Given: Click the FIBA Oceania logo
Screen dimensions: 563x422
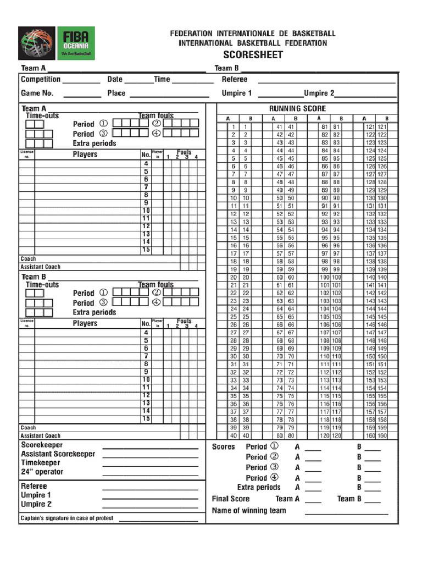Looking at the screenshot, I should [57, 43].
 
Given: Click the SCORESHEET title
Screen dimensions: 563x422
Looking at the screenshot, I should [253, 55].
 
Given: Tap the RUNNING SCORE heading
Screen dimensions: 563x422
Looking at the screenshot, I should [297, 109].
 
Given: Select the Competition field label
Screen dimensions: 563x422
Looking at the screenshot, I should [41, 80].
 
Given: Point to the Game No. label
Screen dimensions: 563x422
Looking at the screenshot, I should [37, 93].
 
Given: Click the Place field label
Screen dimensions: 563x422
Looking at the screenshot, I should [116, 93].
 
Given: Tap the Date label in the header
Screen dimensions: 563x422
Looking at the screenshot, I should [115, 80].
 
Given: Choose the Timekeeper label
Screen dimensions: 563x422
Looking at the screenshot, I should [41, 463].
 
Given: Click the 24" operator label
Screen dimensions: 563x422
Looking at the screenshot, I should [42, 472].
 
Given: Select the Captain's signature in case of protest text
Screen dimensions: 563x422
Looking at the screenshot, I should [67, 518].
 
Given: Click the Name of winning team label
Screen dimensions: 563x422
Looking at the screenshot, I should [249, 510].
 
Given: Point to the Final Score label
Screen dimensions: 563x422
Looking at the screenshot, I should [231, 499].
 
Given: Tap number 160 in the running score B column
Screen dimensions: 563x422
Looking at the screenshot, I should [382, 436].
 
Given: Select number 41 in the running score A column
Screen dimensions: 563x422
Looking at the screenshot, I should [279, 127].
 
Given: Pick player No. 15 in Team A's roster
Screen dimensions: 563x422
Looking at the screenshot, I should [146, 250].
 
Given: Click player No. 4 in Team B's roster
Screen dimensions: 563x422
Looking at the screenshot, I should [146, 333].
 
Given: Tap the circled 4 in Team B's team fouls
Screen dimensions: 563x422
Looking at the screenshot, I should [157, 302].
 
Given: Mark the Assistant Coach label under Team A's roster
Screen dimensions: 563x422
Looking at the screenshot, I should [41, 267].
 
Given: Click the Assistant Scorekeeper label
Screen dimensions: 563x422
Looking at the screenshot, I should [58, 454].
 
